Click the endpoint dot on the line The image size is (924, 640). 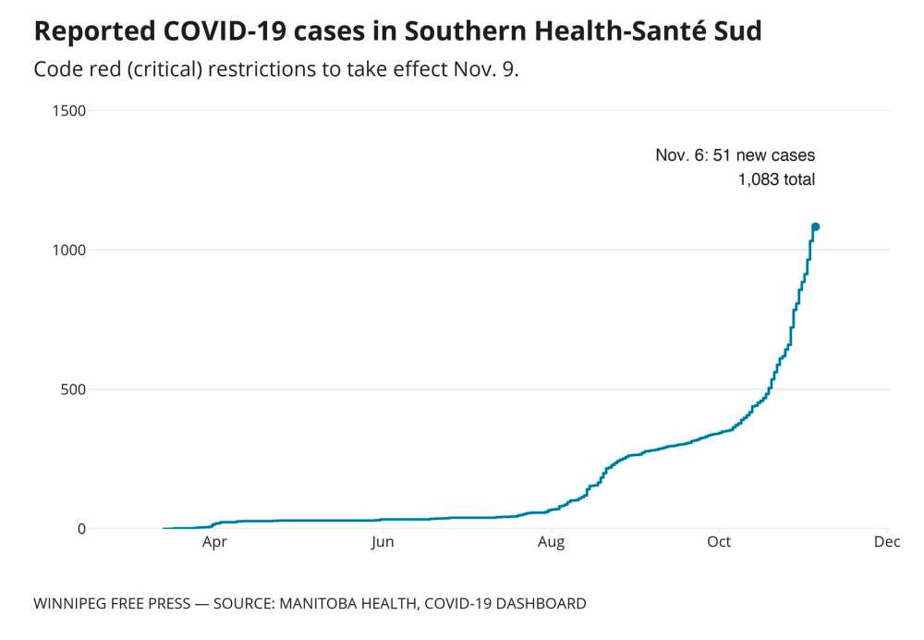coord(816,227)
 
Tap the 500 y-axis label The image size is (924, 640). coord(71,389)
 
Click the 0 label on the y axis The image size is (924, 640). coord(80,529)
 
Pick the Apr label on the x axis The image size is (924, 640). coord(214,542)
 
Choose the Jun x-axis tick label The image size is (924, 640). coord(383,542)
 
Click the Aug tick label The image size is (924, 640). coord(552,542)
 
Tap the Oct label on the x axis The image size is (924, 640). coord(719,542)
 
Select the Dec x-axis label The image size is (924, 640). coord(886,542)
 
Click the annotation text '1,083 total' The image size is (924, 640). coord(776,179)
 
